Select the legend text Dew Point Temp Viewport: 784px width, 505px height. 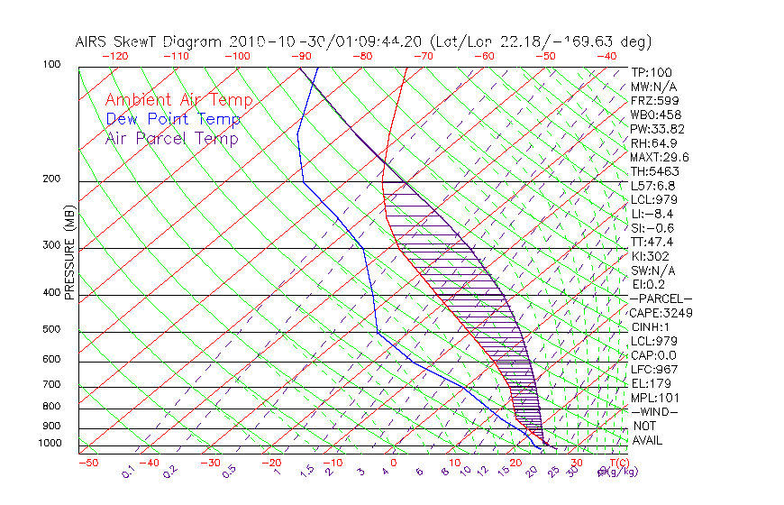point(173,120)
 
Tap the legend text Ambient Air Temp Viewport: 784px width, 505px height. point(178,101)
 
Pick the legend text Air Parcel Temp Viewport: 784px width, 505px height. point(171,139)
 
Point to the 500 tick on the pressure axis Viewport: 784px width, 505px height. point(50,330)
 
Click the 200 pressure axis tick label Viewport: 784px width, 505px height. point(50,179)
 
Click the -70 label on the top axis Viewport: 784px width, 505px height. point(422,55)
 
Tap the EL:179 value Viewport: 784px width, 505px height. point(650,383)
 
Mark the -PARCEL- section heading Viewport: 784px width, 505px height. point(661,298)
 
